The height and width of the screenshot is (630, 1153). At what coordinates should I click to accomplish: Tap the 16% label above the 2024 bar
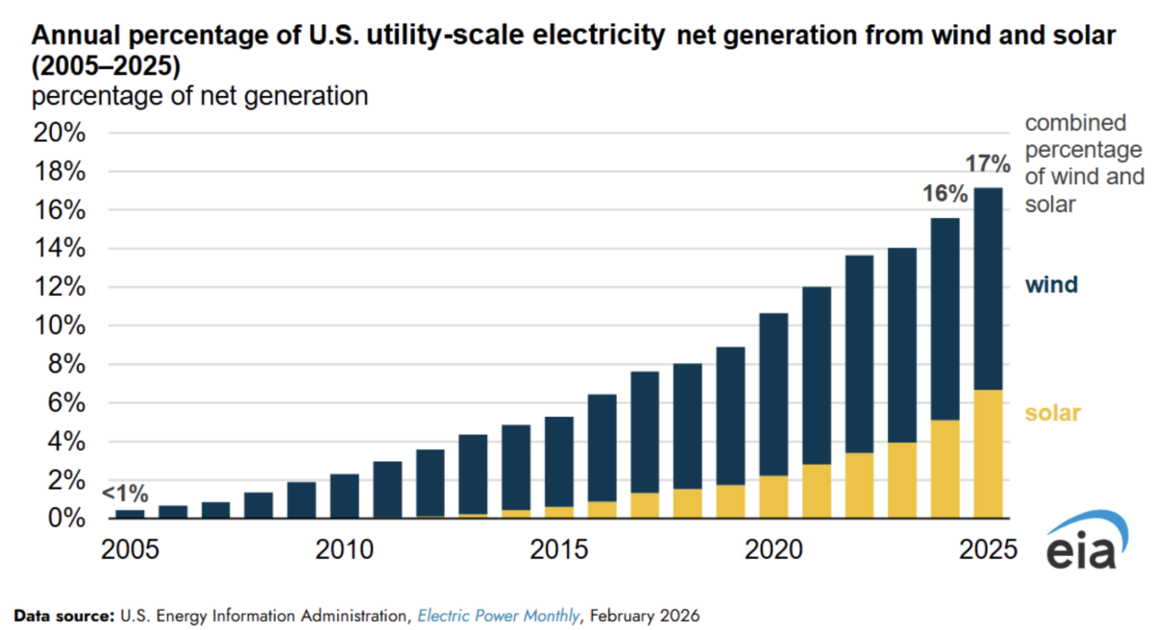click(x=945, y=194)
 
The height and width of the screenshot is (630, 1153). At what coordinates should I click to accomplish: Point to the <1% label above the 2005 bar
click(x=125, y=495)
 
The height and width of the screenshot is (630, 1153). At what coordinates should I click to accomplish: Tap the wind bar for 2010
click(x=345, y=496)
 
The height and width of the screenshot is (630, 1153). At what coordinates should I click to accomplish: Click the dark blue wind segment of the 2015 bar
click(x=559, y=461)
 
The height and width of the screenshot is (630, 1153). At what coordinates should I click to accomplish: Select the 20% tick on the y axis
click(x=60, y=133)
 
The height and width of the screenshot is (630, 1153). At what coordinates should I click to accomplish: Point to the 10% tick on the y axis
click(x=60, y=327)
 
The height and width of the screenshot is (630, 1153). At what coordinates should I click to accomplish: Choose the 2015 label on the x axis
click(x=559, y=552)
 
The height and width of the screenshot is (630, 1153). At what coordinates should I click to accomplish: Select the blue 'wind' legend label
click(x=1051, y=285)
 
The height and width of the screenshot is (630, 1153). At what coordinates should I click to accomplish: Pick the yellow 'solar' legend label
click(x=1053, y=413)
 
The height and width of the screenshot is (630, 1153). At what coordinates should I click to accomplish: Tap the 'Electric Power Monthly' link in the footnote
click(x=498, y=615)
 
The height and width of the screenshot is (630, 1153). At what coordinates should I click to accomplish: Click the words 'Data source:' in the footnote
click(x=61, y=615)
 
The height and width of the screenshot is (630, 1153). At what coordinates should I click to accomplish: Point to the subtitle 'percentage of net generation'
click(x=201, y=96)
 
